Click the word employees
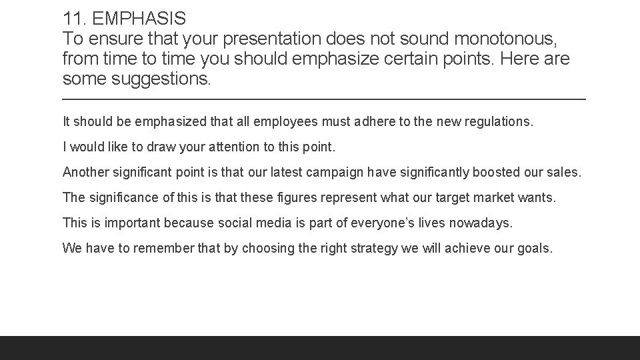[x=268, y=122]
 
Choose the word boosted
[x=495, y=173]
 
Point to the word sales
[x=565, y=173]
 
